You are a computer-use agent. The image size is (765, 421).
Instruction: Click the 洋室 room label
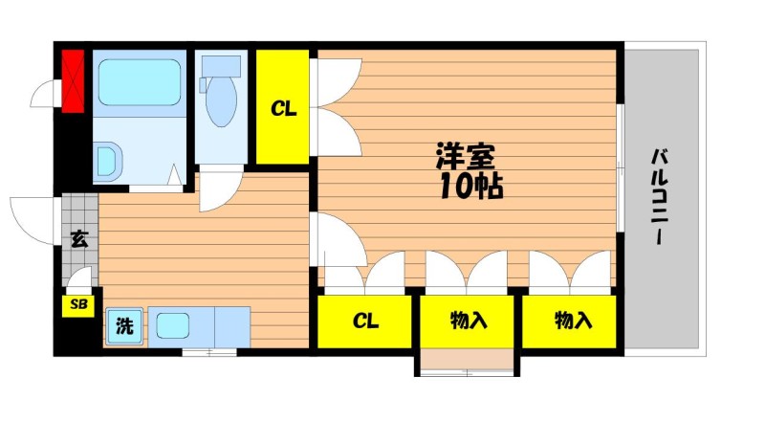click(465, 156)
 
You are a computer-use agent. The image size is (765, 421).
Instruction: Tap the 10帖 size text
click(471, 186)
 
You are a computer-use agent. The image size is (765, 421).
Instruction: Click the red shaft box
click(74, 80)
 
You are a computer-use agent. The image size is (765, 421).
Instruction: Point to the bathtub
click(140, 82)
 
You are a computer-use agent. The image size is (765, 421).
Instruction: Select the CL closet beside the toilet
click(283, 107)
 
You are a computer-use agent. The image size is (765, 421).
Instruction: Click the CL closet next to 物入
click(364, 321)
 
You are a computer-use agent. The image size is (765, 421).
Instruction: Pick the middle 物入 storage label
click(469, 321)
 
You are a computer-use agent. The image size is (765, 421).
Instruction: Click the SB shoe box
click(78, 305)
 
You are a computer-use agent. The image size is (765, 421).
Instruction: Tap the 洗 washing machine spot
click(124, 325)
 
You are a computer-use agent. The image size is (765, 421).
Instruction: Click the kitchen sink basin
click(173, 325)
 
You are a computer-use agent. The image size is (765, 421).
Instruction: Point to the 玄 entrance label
click(79, 239)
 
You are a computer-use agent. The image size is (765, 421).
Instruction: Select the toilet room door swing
click(221, 188)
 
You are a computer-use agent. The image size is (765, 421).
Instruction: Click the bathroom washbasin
click(107, 161)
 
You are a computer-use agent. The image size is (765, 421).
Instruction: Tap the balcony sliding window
click(620, 167)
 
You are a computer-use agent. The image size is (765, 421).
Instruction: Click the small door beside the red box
click(46, 93)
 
